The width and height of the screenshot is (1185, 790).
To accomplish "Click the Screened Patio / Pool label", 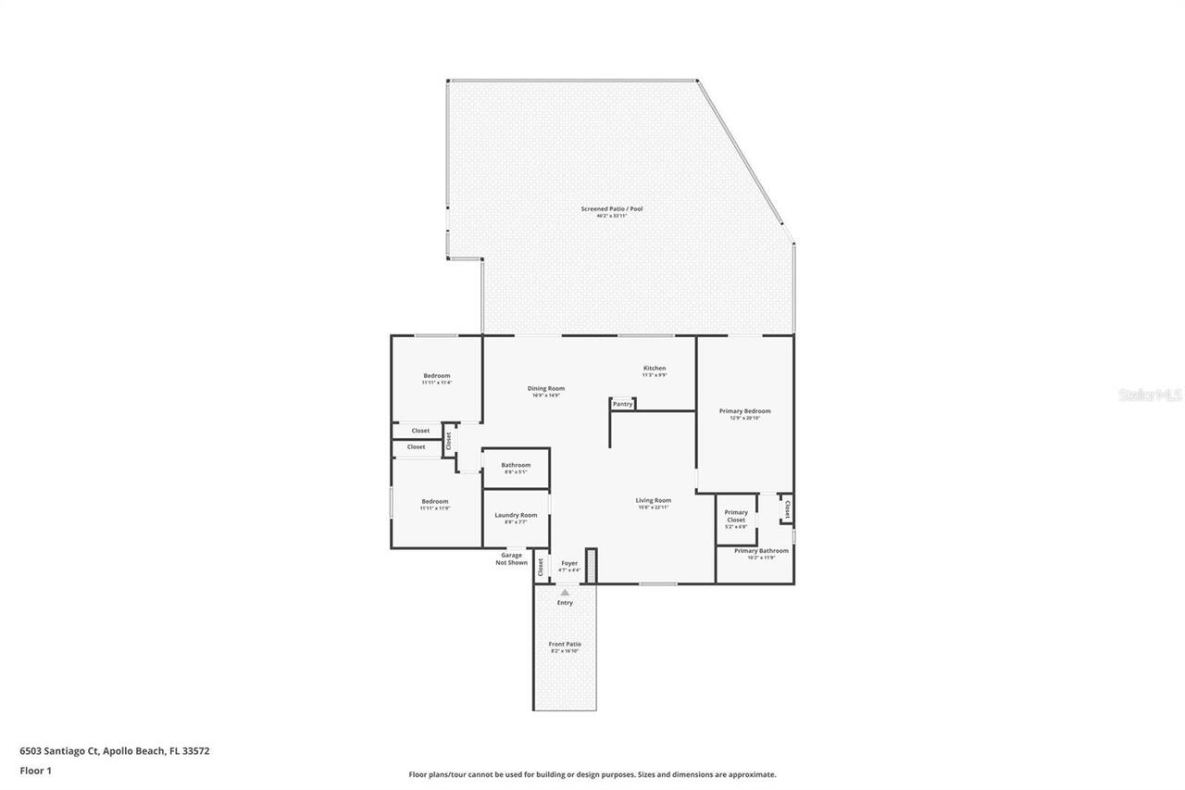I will (611, 209).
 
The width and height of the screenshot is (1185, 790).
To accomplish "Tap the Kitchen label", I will (655, 369).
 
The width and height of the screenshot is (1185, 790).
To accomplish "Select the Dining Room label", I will (545, 389).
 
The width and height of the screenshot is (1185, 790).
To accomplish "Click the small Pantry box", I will (622, 404).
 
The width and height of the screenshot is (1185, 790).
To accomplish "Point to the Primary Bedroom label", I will (744, 411).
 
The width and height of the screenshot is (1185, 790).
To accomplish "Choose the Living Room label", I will (653, 501).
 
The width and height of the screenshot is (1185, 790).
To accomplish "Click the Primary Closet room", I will (736, 519).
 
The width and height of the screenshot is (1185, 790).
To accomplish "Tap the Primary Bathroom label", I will (761, 551).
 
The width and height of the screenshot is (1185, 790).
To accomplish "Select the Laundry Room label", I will (516, 516).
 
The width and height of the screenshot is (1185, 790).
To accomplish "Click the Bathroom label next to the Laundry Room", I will (516, 465).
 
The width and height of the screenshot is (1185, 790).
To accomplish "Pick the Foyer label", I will (569, 563).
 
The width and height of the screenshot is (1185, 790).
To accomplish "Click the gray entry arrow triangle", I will (565, 592).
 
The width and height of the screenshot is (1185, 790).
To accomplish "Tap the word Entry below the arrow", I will (565, 603).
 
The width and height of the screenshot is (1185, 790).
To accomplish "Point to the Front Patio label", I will (565, 645).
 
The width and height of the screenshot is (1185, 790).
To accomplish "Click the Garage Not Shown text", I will (511, 558).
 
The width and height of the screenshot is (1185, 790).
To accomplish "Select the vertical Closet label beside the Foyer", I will (541, 567).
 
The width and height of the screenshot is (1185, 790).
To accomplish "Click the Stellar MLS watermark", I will (1150, 395).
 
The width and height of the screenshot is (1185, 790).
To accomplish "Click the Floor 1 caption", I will (35, 771).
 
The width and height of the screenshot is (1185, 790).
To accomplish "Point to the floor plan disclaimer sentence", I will (592, 774).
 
